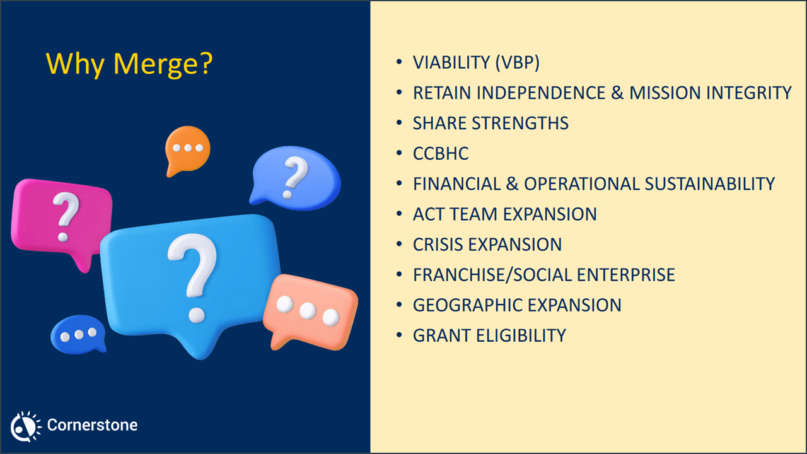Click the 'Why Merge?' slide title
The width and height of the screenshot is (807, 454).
[129, 64]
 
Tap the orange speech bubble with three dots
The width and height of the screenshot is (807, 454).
[187, 149]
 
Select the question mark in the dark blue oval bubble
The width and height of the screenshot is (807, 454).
[293, 177]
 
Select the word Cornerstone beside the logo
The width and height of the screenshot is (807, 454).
[92, 425]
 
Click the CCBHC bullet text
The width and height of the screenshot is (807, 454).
[441, 153]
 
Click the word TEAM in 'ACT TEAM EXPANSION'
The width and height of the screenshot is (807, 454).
[467, 214]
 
